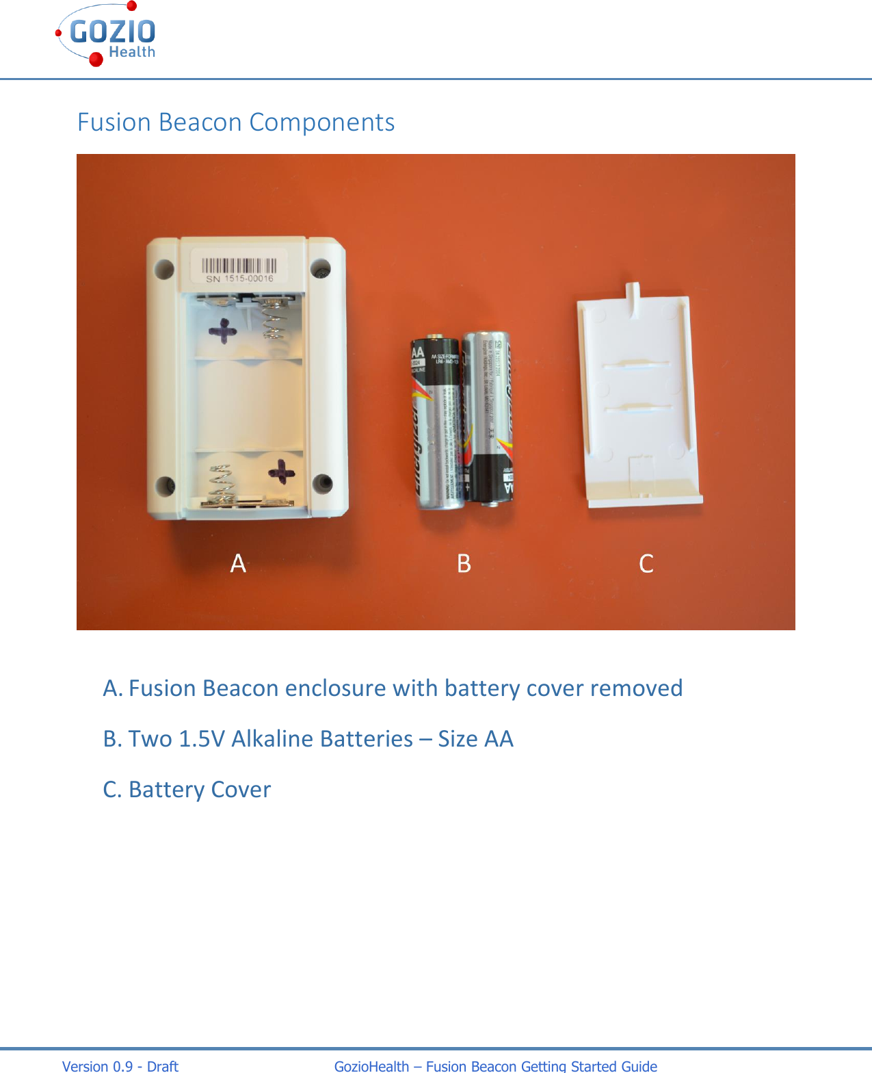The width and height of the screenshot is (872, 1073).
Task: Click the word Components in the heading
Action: point(321,122)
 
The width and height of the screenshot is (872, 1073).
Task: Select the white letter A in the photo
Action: point(238,563)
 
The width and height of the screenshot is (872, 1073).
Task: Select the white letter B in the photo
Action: point(464,563)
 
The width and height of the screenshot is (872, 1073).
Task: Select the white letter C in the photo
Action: point(646,563)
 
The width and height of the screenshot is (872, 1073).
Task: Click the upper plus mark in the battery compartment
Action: point(223,332)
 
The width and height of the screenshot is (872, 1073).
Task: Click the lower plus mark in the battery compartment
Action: point(281,471)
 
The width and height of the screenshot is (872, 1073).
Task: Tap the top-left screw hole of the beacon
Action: point(164,268)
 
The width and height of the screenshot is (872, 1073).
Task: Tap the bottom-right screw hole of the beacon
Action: point(322,483)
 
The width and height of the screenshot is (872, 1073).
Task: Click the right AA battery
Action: point(487,417)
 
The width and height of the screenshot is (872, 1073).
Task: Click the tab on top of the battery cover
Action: point(633,298)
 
